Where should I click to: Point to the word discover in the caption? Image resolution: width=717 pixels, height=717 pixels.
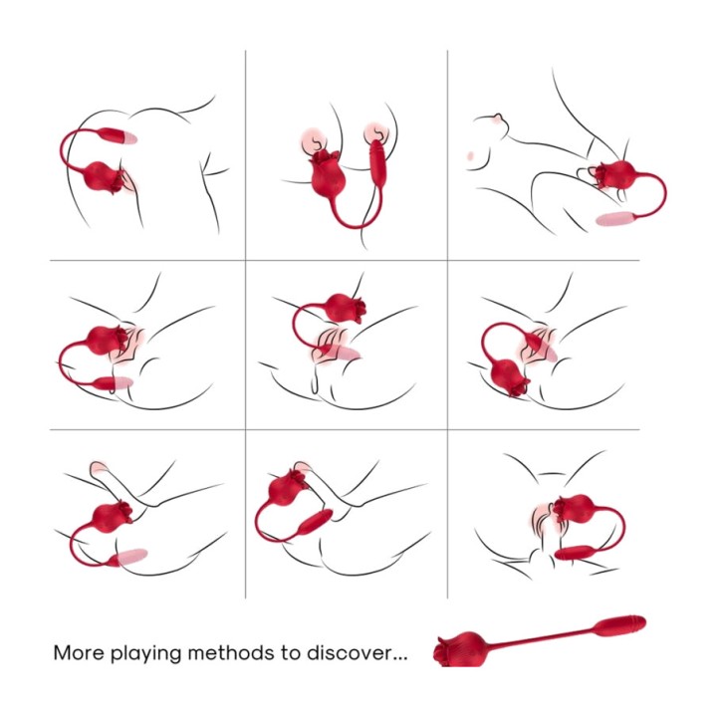[x=350, y=652]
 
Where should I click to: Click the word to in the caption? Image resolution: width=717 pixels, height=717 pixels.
[x=291, y=652]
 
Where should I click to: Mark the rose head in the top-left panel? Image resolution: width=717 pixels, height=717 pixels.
[x=104, y=177]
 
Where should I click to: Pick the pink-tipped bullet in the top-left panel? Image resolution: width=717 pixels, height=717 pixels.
[x=118, y=135]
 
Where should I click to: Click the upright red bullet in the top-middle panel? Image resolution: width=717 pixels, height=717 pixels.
[x=376, y=162]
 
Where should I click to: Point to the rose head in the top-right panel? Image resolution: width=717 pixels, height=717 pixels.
[x=617, y=174]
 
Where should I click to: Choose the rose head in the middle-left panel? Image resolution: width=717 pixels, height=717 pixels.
[x=107, y=341]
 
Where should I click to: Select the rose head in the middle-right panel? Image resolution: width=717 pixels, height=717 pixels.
[x=509, y=376]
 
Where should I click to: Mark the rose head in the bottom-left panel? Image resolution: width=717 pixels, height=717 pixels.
[x=112, y=517]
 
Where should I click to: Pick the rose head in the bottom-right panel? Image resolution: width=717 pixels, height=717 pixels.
[x=576, y=508]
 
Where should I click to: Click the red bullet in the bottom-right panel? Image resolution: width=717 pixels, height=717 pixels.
[x=575, y=553]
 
